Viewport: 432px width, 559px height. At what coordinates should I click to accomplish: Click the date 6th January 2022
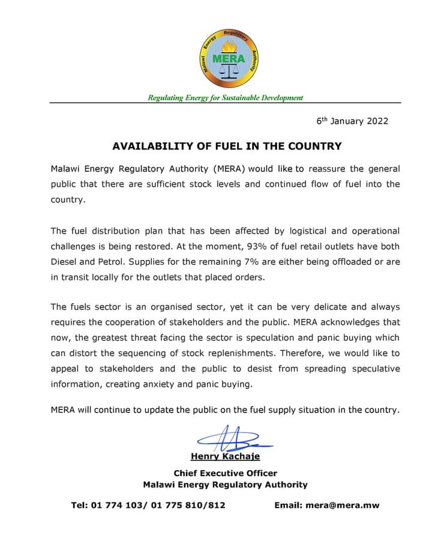pyautogui.click(x=352, y=121)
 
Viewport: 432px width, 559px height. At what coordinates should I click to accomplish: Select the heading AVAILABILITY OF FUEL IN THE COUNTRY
pyautogui.click(x=227, y=146)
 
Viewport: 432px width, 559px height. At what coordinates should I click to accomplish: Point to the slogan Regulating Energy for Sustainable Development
pyautogui.click(x=226, y=98)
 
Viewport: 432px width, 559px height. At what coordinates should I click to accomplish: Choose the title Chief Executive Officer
pyautogui.click(x=225, y=473)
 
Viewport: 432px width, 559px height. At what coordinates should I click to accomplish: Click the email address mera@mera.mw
pyautogui.click(x=342, y=505)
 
